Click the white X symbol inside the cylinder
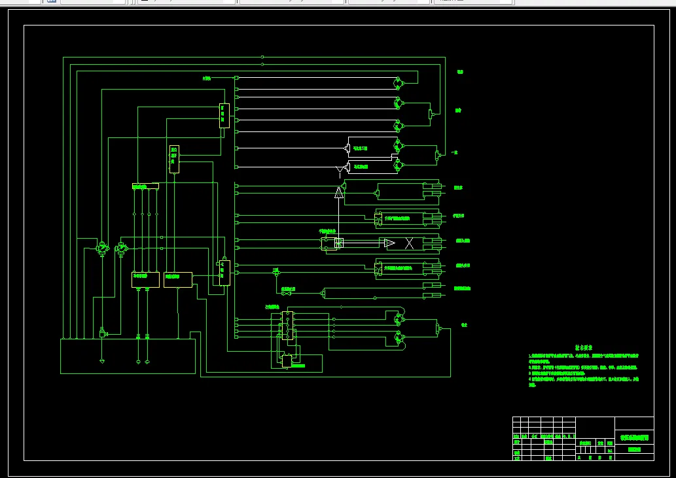click(x=409, y=244)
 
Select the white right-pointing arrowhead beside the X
click(x=389, y=244)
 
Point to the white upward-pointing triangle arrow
click(x=339, y=191)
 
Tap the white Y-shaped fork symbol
click(x=340, y=171)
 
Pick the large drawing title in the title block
click(x=633, y=438)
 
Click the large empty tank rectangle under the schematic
click(x=128, y=356)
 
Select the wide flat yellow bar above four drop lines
click(x=145, y=187)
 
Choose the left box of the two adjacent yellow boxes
click(x=145, y=279)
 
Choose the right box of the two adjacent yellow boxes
click(x=177, y=279)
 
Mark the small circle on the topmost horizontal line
click(x=262, y=58)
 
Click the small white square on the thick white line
click(x=338, y=243)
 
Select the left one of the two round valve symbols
click(x=101, y=248)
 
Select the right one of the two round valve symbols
click(x=120, y=248)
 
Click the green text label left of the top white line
click(x=207, y=78)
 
